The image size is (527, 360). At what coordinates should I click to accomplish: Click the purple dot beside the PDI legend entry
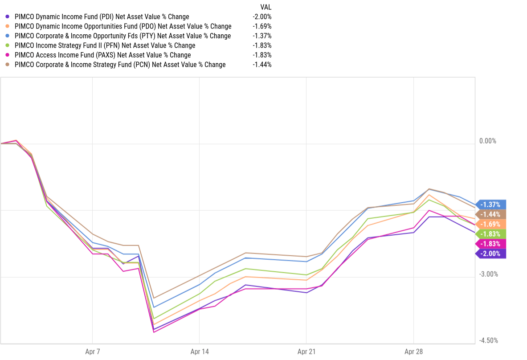(8, 17)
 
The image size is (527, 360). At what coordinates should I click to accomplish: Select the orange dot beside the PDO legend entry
(8, 26)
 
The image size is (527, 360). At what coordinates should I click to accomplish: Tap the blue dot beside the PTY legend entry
(8, 36)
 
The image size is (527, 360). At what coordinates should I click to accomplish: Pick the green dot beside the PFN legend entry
(8, 45)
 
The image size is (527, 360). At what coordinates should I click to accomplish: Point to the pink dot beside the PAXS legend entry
(8, 55)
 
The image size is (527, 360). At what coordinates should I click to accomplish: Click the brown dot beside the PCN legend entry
(8, 65)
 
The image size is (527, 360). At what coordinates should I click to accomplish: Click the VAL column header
(266, 7)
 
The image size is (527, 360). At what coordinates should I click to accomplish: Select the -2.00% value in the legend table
(261, 17)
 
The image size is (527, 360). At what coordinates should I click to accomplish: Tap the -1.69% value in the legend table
(261, 26)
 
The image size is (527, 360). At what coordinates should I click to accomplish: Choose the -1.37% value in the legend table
(261, 36)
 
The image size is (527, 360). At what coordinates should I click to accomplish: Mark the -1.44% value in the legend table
(261, 65)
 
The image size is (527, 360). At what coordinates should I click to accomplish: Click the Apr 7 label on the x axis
(92, 352)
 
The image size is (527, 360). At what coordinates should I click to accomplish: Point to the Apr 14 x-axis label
(200, 352)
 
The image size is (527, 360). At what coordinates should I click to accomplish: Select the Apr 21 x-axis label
(306, 352)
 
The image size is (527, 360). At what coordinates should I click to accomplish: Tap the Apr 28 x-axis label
(414, 352)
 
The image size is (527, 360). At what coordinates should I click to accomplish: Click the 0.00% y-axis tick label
(488, 141)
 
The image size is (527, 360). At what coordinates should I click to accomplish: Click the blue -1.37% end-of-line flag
(490, 205)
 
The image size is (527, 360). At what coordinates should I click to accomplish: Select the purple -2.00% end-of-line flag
(490, 254)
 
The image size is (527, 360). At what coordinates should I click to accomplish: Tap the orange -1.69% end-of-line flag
(490, 224)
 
